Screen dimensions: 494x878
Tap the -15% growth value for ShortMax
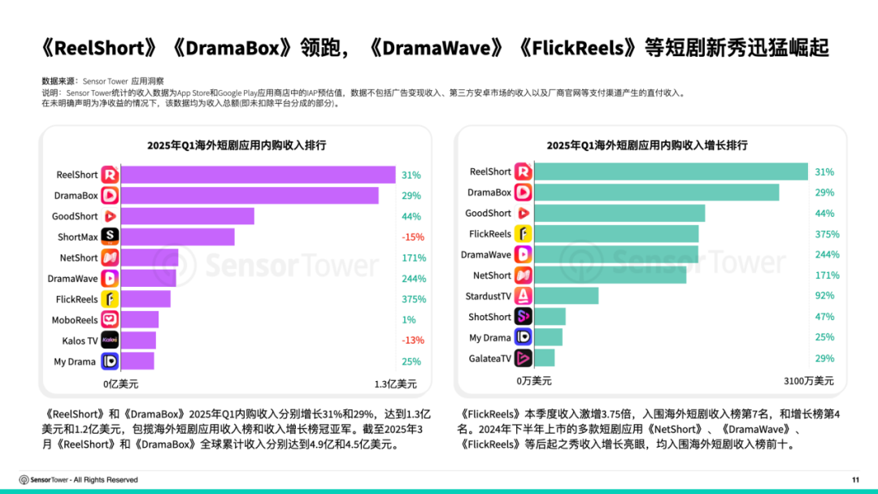pos(412,237)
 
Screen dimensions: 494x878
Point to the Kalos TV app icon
pos(110,340)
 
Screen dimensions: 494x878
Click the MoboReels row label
pos(75,320)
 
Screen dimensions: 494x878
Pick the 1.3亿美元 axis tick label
pos(395,383)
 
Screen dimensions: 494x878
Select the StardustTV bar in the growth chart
pos(567,296)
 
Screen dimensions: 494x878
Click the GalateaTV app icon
pos(524,358)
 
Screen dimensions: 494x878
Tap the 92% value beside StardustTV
pos(825,296)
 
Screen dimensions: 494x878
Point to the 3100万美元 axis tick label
pos(807,380)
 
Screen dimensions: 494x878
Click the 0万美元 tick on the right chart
pos(533,380)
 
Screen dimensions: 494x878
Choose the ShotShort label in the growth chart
pos(489,317)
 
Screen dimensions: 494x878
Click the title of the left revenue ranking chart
pos(237,145)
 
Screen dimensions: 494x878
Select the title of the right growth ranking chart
pos(647,145)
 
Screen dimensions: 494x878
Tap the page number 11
pos(855,479)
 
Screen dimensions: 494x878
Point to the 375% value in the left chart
pos(412,299)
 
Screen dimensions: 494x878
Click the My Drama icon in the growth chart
pos(524,337)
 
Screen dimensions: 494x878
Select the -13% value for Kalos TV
pos(412,340)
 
